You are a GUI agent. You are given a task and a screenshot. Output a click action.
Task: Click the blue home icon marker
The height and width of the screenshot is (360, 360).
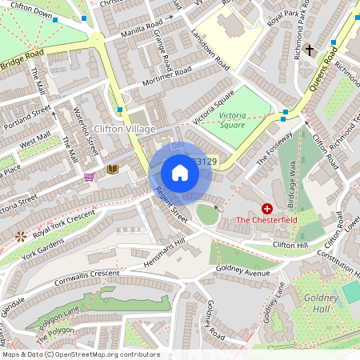[x=180, y=173]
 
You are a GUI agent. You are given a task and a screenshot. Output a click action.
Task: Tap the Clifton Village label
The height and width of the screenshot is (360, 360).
[x=123, y=129]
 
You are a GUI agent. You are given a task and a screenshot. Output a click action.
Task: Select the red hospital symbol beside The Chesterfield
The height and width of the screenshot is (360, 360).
[x=266, y=208]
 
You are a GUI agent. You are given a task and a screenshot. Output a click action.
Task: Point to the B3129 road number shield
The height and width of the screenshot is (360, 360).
[x=206, y=162]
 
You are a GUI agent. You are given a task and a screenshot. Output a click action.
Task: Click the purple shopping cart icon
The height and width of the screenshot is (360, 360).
[x=89, y=176]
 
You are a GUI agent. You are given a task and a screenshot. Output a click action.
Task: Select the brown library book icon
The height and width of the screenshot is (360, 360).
[x=112, y=170]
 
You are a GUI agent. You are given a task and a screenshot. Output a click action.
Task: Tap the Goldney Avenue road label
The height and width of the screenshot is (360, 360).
[x=244, y=272]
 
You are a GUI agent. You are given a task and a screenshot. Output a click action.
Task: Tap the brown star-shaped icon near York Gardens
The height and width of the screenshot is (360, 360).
[x=19, y=237]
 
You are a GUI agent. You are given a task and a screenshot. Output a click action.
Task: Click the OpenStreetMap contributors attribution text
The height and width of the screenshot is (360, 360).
[x=81, y=354]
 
